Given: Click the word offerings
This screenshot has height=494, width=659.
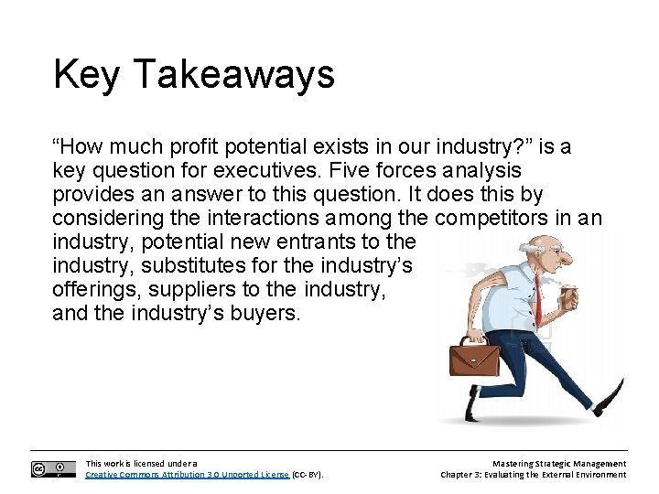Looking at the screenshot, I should [x=90, y=290].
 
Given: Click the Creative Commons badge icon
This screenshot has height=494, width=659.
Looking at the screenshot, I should [x=53, y=469].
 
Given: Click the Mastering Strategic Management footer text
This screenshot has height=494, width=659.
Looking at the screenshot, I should [x=558, y=464].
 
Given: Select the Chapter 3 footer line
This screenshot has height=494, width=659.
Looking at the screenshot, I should [x=533, y=475].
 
